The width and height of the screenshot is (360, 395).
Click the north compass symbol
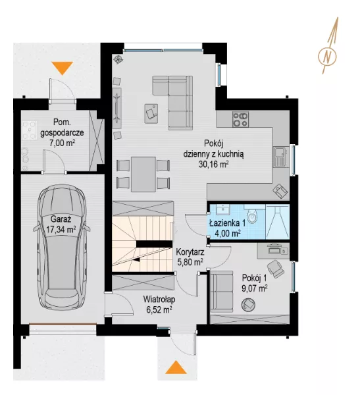pyautogui.click(x=327, y=57)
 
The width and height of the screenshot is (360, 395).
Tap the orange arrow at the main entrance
pyautogui.click(x=176, y=367)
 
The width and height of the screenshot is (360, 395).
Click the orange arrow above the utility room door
pyautogui.click(x=63, y=68)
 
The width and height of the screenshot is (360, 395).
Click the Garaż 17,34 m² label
pyautogui.click(x=61, y=224)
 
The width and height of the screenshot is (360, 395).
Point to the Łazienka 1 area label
pyautogui.click(x=228, y=228)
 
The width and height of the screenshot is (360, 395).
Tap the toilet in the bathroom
pyautogui.click(x=251, y=216)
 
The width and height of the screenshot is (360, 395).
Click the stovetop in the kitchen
pyautogui.click(x=240, y=119)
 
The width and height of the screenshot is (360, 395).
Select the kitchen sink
pyautogui.click(x=280, y=157)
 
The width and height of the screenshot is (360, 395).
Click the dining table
pyautogui.click(x=143, y=174)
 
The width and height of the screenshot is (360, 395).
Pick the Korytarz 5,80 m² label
pyautogui.click(x=190, y=257)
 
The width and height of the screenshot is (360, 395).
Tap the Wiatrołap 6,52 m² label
pyautogui.click(x=159, y=304)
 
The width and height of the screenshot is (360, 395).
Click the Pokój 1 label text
pyautogui.click(x=254, y=278)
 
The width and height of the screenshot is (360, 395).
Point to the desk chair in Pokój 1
pyautogui.click(x=276, y=269)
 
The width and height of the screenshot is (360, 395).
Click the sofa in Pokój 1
pyautogui.click(x=222, y=292)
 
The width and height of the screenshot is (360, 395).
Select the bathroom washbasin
pyautogui.click(x=223, y=209)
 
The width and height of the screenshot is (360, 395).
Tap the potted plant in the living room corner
pyautogui.click(x=118, y=59)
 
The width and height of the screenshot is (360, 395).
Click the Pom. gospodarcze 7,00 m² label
pyautogui.click(x=62, y=132)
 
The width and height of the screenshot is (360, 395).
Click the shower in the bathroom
pyautogui.click(x=277, y=221)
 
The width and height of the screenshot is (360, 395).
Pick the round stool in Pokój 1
pyautogui.click(x=248, y=305)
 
